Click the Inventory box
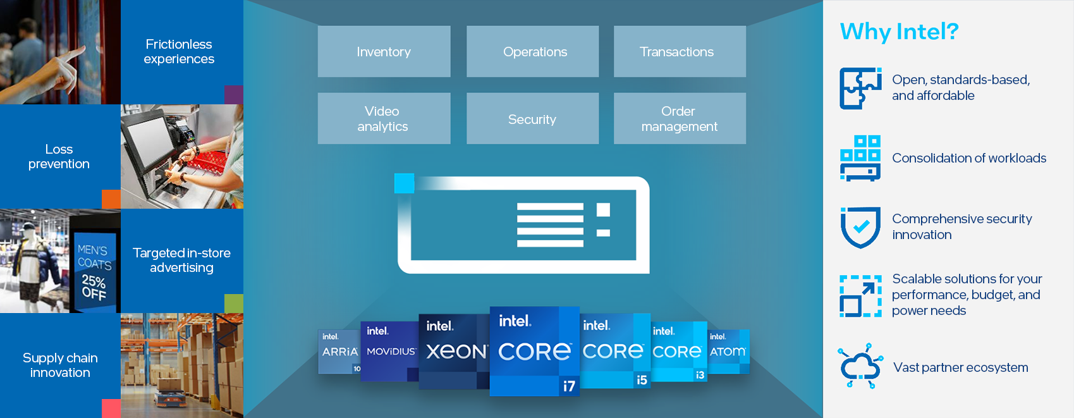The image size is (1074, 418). click(x=384, y=52)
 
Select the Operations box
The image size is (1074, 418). click(x=533, y=52)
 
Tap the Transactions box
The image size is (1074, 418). click(x=680, y=52)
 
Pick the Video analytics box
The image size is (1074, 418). click(x=384, y=119)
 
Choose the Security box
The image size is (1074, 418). click(x=533, y=119)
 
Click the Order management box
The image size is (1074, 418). click(x=680, y=119)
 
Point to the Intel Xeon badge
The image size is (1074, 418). click(x=454, y=350)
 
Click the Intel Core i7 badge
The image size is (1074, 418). click(x=534, y=351)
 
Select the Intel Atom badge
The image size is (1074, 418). click(x=728, y=351)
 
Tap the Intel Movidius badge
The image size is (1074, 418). click(x=389, y=351)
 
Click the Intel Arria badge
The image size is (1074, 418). click(x=339, y=351)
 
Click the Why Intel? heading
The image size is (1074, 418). click(x=899, y=31)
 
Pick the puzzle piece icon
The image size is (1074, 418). click(x=860, y=89)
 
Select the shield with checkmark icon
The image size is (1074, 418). click(x=860, y=227)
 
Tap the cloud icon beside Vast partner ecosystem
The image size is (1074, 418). click(x=860, y=366)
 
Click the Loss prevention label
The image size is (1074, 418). click(x=59, y=157)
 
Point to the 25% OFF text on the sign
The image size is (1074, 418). click(x=94, y=286)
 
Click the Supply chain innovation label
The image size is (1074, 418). click(x=60, y=366)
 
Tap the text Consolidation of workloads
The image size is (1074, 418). click(x=968, y=158)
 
